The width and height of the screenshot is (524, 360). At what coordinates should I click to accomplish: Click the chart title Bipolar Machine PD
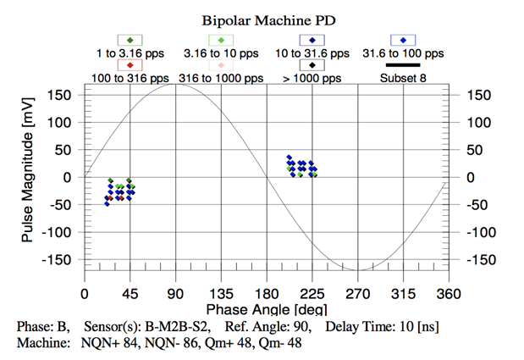coord(262,18)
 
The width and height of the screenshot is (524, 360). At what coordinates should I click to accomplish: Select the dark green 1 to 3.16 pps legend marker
coord(130,40)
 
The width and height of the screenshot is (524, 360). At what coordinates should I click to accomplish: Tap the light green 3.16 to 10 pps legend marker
coord(221,40)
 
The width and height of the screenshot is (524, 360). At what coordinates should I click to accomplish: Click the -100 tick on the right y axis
coord(472,231)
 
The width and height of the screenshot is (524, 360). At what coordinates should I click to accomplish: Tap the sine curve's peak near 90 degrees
coord(175,84)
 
